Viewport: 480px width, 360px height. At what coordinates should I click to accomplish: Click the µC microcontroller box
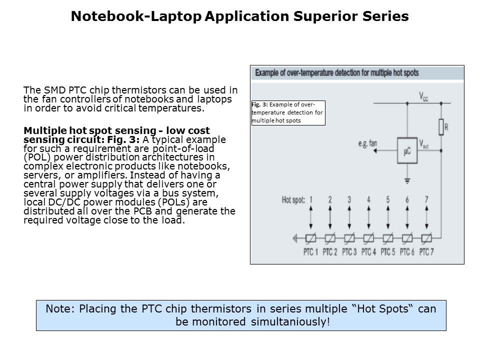tap(407, 151)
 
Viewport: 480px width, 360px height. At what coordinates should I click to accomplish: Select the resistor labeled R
tap(441, 127)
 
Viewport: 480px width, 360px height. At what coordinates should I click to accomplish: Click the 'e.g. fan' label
tap(367, 143)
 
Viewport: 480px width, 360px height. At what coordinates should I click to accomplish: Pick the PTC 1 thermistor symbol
tap(311, 238)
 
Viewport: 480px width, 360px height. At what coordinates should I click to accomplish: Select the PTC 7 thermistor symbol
tap(426, 238)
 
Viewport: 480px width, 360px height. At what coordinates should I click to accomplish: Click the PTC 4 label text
tap(368, 251)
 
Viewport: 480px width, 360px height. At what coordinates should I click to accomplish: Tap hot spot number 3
tap(349, 200)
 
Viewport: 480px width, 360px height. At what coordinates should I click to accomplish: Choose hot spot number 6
tap(407, 200)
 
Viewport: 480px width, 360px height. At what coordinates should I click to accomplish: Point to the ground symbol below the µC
tap(407, 180)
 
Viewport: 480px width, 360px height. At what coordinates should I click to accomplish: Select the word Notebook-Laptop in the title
tap(136, 16)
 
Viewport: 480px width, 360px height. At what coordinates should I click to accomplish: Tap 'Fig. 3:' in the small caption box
tap(259, 104)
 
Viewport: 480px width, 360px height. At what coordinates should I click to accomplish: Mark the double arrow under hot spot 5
tap(387, 217)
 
